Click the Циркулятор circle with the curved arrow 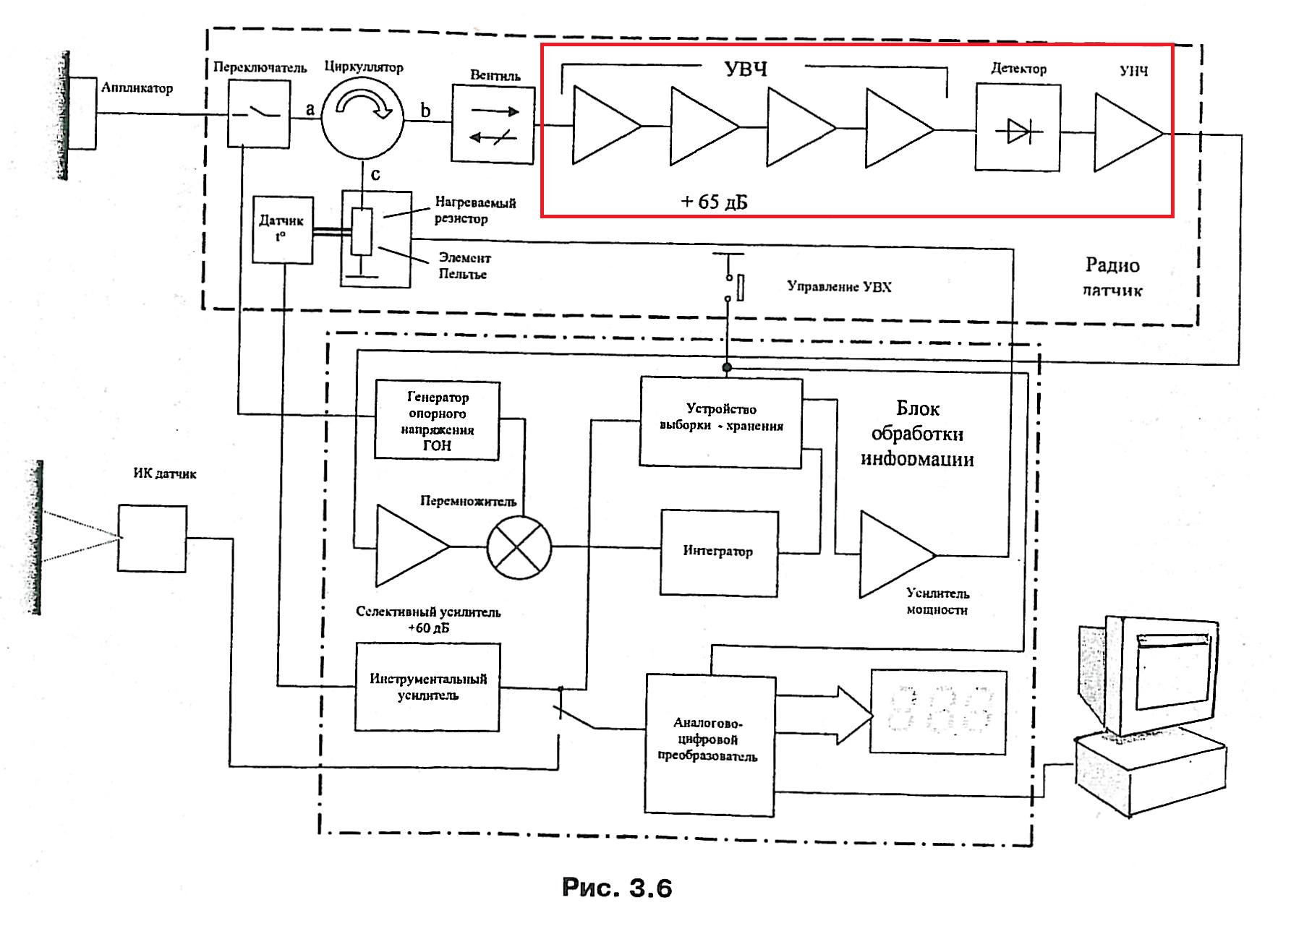(x=362, y=117)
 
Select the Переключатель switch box (x=259, y=113)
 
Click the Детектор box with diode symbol (x=1018, y=128)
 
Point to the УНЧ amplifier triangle (x=1125, y=133)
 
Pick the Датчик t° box (x=282, y=229)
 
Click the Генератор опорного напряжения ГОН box (x=437, y=421)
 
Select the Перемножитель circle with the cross (x=519, y=548)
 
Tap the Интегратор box (x=719, y=552)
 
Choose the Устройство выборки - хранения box (x=721, y=422)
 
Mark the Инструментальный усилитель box (x=427, y=687)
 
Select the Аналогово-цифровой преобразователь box (x=710, y=745)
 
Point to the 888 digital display (x=938, y=712)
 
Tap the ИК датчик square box (x=152, y=539)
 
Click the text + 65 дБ (x=714, y=201)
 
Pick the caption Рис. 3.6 (x=617, y=887)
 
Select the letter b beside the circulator (x=425, y=111)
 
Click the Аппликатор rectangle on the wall (x=82, y=113)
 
